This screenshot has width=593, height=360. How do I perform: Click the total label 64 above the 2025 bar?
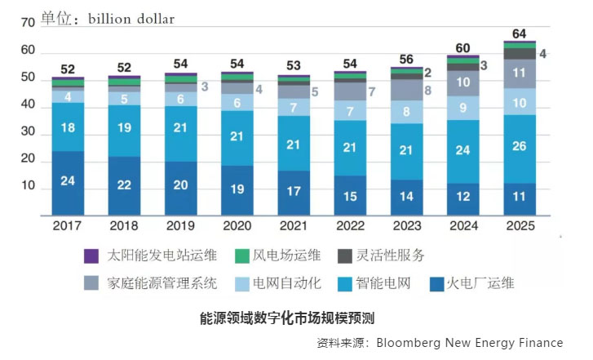click(519, 33)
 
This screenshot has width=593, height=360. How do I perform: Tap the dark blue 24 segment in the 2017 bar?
click(68, 181)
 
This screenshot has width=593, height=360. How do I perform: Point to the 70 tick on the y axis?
click(27, 24)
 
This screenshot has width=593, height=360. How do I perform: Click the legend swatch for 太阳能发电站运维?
click(93, 256)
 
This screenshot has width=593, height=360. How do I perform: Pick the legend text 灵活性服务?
click(392, 256)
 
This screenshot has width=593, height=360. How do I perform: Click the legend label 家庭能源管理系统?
click(163, 283)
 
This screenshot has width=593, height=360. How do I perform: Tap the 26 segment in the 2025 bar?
click(519, 147)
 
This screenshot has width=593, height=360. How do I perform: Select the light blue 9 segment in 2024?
click(462, 107)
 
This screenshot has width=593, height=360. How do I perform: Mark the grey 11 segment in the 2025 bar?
click(519, 73)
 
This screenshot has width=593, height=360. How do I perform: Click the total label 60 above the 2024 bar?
click(462, 47)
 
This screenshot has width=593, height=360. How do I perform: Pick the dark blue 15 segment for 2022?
click(349, 196)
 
